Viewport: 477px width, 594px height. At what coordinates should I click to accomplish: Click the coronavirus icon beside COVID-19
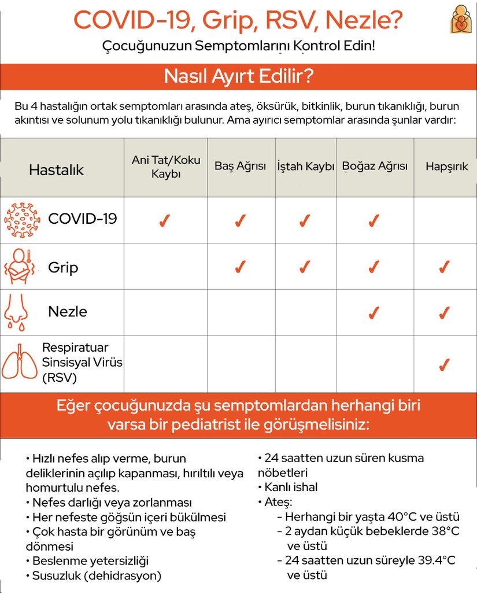tap(22, 220)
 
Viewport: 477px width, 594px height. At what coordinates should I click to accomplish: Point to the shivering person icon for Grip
tap(22, 267)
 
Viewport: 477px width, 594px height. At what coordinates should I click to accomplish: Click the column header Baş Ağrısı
tap(240, 167)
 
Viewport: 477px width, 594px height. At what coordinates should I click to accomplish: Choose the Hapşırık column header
tap(446, 167)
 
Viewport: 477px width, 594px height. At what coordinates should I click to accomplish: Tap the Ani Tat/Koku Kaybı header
tap(165, 167)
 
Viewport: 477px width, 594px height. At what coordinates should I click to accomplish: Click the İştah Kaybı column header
tap(305, 167)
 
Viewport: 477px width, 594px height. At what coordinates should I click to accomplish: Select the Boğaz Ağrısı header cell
tap(375, 167)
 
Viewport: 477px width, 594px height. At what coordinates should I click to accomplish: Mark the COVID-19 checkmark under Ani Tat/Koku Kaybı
tap(164, 221)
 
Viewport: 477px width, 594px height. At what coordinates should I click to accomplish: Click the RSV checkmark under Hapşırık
tap(444, 366)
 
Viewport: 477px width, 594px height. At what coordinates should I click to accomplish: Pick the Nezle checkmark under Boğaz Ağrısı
tap(374, 313)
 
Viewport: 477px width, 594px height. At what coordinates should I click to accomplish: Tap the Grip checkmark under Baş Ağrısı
tap(240, 267)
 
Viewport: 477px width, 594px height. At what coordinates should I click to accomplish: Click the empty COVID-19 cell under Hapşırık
tap(445, 220)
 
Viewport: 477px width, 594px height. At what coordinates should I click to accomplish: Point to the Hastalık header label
tap(56, 170)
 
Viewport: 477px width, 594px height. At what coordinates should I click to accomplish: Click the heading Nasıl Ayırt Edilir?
tap(238, 77)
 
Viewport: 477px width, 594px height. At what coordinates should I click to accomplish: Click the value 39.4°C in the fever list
tap(434, 560)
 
